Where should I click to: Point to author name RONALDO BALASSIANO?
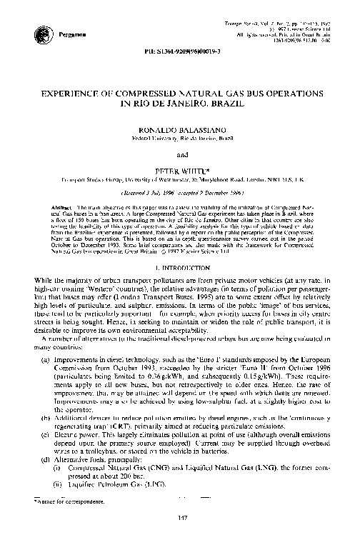(x=179, y=131)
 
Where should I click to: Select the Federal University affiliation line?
(x=179, y=139)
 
